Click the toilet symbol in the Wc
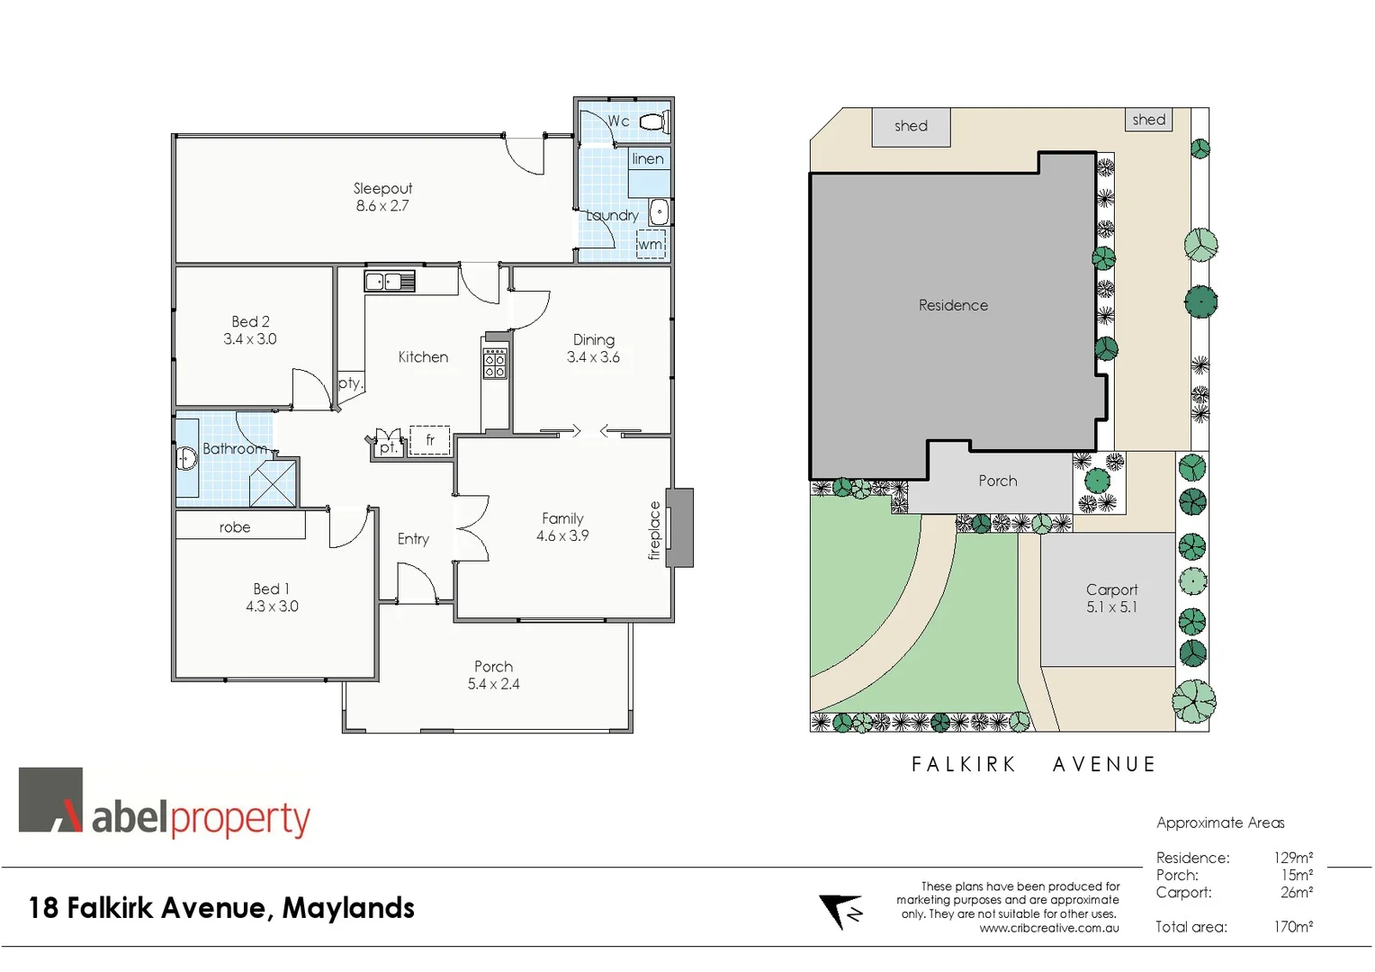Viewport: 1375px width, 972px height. coord(654,121)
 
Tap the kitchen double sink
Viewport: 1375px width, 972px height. coord(389,282)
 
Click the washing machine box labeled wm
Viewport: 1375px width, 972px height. coord(651,244)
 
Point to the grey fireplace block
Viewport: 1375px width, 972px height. coord(681,527)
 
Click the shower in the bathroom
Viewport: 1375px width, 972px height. coord(273,483)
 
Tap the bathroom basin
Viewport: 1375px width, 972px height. coord(186,459)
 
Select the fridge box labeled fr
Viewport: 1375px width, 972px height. coord(430,440)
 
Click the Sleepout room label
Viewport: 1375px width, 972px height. coord(382,188)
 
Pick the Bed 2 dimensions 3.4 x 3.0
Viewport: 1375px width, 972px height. coord(250,339)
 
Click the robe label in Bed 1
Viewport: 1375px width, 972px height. coord(235,527)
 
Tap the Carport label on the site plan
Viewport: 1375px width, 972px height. coord(1111,589)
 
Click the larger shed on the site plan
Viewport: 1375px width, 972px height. coord(911,127)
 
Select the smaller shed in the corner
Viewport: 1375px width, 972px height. coord(1148,120)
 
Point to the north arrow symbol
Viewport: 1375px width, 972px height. coord(840,911)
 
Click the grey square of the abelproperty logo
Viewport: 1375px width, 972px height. coord(50,799)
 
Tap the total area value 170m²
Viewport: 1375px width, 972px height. coord(1292,927)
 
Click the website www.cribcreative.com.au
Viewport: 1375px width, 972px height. coord(1049,928)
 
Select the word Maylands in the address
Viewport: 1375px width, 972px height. coord(348,908)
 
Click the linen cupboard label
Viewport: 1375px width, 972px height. coord(648,159)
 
